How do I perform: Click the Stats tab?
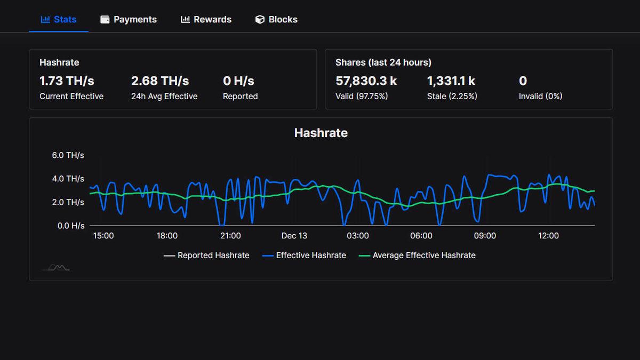(59, 20)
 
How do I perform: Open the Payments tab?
(129, 20)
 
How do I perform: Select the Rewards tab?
(206, 20)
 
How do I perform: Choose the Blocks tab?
(276, 20)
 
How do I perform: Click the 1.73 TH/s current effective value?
(67, 81)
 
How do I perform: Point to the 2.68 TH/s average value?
(160, 81)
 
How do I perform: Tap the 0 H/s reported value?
(238, 81)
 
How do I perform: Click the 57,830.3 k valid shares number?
(366, 81)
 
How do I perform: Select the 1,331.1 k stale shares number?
(451, 81)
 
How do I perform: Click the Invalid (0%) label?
(540, 97)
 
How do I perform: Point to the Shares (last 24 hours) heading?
(383, 62)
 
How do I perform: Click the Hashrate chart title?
(321, 133)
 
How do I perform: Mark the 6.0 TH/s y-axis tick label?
(68, 155)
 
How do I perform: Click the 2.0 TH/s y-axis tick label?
(68, 202)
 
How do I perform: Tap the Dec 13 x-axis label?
(294, 236)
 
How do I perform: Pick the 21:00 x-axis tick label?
(230, 236)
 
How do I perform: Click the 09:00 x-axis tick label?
(485, 236)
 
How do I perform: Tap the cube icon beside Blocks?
(260, 20)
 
